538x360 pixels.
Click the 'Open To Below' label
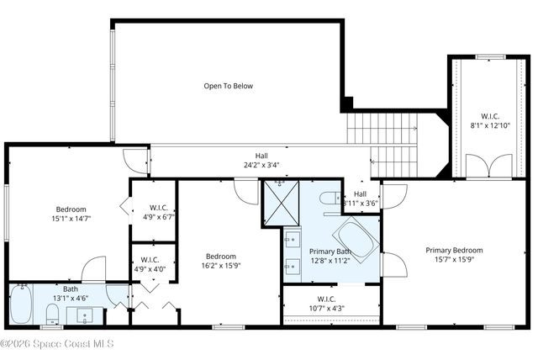(x=228, y=86)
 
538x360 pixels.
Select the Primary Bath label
(x=330, y=251)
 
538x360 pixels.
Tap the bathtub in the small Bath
(x=21, y=304)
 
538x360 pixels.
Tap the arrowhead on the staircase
(x=415, y=129)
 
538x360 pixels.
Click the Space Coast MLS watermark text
(x=56, y=343)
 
